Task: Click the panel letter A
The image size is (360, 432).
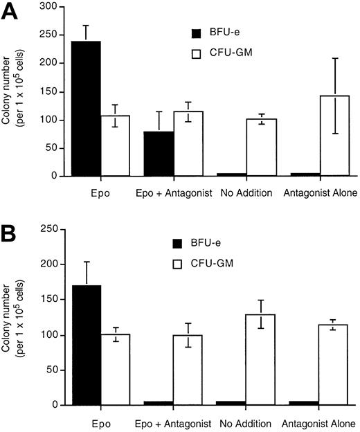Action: (10, 12)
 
